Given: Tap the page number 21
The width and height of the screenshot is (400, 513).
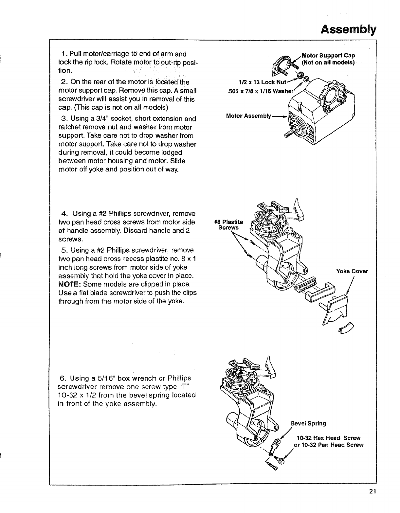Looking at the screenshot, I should (371, 491).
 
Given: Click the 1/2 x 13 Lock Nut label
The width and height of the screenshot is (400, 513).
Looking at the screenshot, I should (263, 81).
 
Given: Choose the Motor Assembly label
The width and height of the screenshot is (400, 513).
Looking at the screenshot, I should (248, 116).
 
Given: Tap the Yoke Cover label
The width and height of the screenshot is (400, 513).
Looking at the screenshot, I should (352, 271).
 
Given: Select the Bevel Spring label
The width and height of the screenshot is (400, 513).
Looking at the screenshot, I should (308, 423).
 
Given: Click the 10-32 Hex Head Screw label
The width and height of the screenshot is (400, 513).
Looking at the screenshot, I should (328, 438).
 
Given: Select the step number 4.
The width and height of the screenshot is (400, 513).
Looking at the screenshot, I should (64, 214).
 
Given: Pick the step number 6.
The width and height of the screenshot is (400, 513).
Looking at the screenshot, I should (63, 379).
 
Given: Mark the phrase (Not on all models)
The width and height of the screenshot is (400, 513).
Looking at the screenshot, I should (328, 62).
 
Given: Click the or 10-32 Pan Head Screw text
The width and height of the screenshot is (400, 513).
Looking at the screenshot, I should (329, 445).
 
